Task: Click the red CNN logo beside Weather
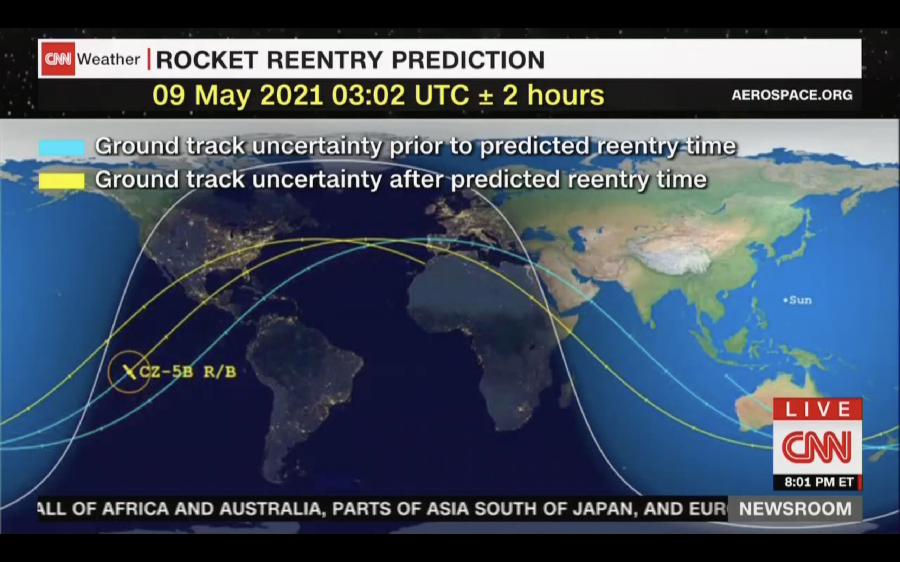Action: [x=58, y=59]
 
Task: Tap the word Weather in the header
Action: [x=108, y=59]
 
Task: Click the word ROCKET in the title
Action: [x=207, y=59]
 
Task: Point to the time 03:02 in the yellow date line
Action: [x=368, y=95]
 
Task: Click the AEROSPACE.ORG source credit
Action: [x=792, y=95]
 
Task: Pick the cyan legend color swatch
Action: [x=62, y=147]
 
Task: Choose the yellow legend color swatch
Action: [x=62, y=181]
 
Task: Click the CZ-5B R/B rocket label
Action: [x=188, y=372]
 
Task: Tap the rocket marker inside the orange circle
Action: [x=129, y=372]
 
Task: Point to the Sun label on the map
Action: [x=799, y=300]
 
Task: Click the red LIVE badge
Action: [x=817, y=409]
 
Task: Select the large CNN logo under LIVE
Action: [x=817, y=447]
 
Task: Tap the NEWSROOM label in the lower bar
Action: [x=795, y=509]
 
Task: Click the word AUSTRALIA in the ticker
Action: [x=272, y=509]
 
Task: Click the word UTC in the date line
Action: [x=442, y=95]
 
